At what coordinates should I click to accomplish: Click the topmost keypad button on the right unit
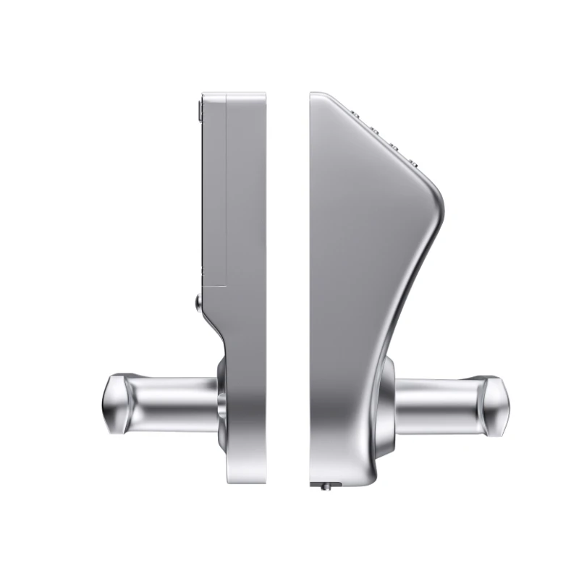point(356,114)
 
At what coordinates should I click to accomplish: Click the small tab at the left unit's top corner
point(199,109)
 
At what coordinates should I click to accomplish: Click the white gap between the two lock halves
point(287,289)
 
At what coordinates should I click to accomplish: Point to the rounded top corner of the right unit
point(318,96)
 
